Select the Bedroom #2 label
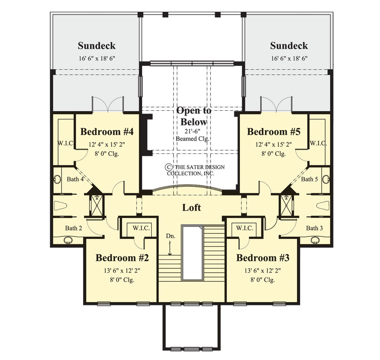click(x=122, y=258)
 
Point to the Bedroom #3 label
click(x=263, y=258)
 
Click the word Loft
click(x=191, y=207)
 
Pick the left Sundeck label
click(x=97, y=45)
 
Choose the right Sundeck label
click(x=289, y=45)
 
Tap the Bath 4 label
click(x=75, y=179)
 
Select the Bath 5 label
click(x=310, y=179)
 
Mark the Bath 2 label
click(x=74, y=228)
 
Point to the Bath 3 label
click(x=315, y=228)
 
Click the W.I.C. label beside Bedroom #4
click(x=65, y=143)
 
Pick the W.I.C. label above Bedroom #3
click(x=245, y=228)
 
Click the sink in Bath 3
click(x=315, y=240)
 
